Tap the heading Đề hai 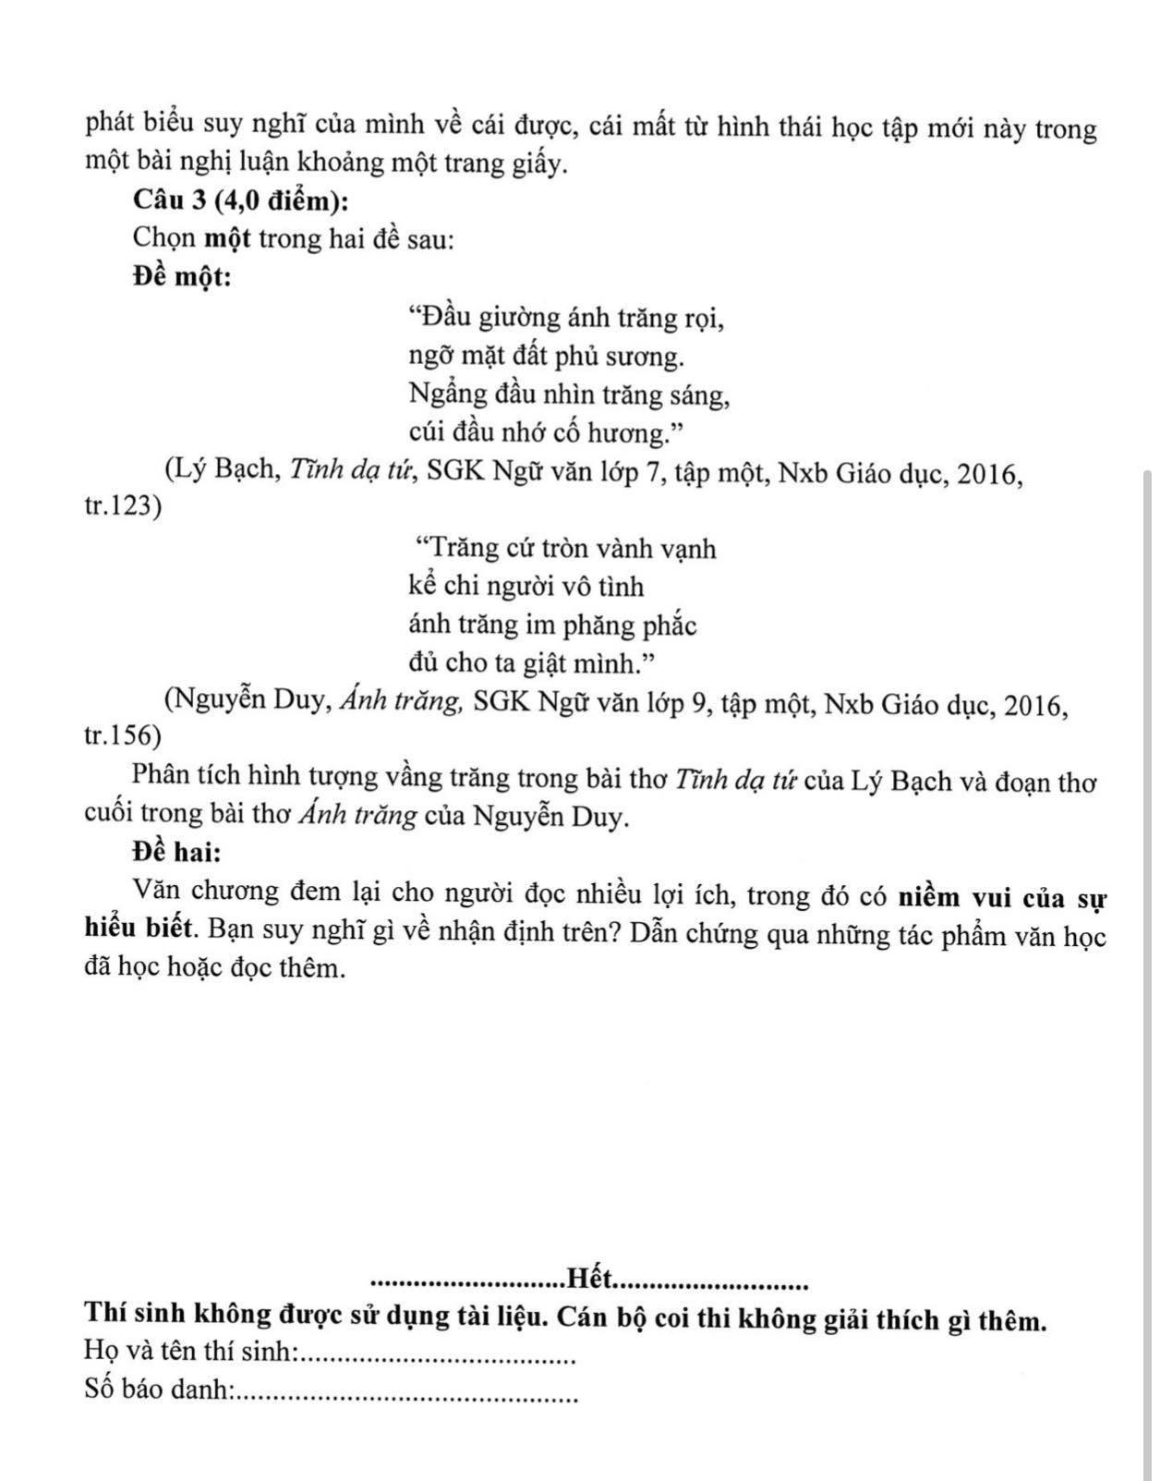point(176,851)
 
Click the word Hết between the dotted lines point(590,1279)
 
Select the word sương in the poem point(654,357)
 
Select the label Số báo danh point(156,1390)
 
